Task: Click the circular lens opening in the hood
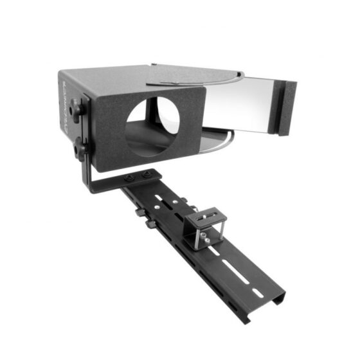click(x=152, y=125)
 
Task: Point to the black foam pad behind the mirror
click(x=287, y=107)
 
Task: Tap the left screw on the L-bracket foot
click(x=130, y=179)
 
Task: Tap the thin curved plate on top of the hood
click(x=193, y=78)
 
